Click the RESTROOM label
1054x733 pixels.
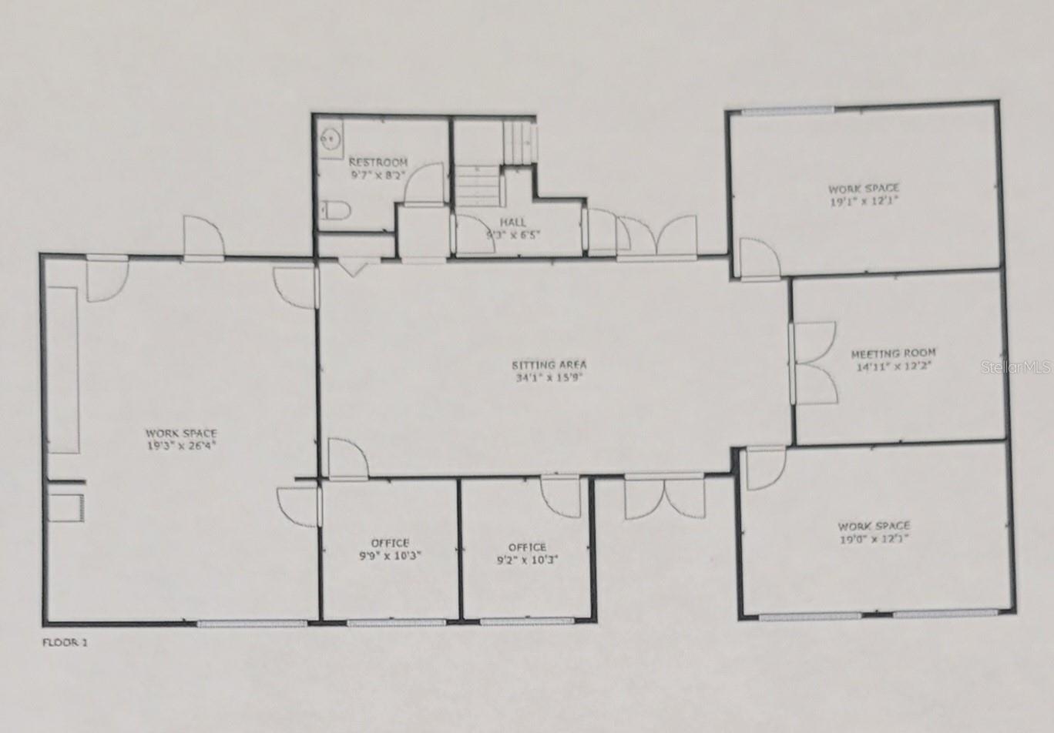(x=378, y=162)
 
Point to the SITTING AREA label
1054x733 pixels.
(x=549, y=365)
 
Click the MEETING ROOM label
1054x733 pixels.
(x=893, y=353)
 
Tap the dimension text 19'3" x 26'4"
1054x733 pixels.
(x=181, y=445)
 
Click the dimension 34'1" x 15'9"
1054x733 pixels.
(x=549, y=378)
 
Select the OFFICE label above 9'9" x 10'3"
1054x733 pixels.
(x=390, y=543)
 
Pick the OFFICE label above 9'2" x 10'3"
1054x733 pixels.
(x=527, y=547)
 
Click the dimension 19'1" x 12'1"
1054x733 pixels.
(x=864, y=200)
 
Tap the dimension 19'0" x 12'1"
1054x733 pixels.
(x=874, y=539)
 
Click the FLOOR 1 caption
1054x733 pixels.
(x=65, y=642)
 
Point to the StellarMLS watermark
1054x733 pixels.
(x=1015, y=367)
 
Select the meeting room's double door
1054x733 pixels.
(x=813, y=363)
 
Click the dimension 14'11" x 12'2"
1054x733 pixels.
(x=893, y=366)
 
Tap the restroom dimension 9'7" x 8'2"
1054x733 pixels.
(x=378, y=175)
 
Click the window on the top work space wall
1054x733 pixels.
(x=787, y=111)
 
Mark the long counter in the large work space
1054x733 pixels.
(x=63, y=370)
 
